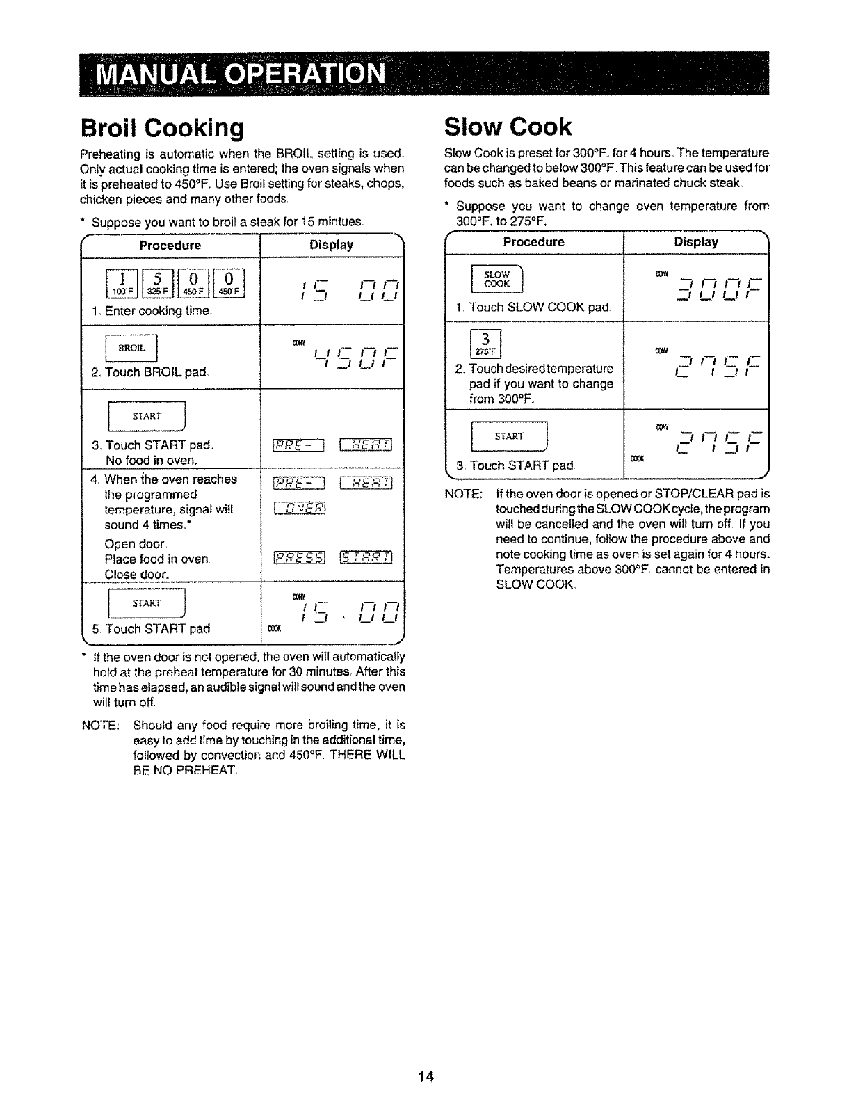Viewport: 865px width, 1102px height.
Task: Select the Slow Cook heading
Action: [x=508, y=127]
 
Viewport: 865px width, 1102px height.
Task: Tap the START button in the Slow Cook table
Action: [x=509, y=437]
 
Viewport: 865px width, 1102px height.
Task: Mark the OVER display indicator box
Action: [x=300, y=509]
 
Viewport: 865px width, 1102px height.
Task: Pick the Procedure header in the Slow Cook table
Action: [x=533, y=242]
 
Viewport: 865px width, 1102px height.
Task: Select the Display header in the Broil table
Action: [x=331, y=245]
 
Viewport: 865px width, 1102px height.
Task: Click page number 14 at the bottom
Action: [x=426, y=1076]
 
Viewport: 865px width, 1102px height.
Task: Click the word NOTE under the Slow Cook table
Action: [x=463, y=493]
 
